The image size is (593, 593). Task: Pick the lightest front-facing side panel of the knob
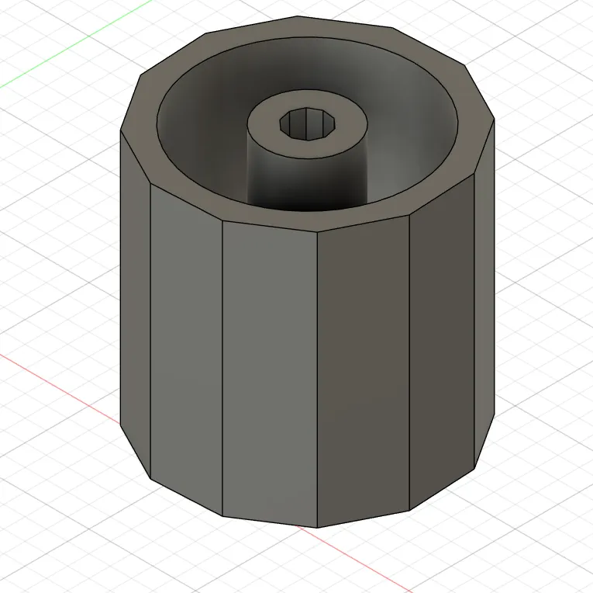pyautogui.click(x=269, y=373)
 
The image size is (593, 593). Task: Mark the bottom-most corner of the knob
pyautogui.click(x=317, y=527)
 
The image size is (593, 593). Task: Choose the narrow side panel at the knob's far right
pyautogui.click(x=484, y=295)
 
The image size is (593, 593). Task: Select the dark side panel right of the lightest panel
pyautogui.click(x=362, y=373)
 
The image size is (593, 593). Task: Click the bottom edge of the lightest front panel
pyautogui.click(x=269, y=522)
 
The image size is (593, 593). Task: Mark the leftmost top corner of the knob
pyautogui.click(x=121, y=129)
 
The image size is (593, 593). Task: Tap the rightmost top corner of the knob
pyautogui.click(x=494, y=120)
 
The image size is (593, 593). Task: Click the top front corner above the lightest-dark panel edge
pyautogui.click(x=318, y=232)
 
